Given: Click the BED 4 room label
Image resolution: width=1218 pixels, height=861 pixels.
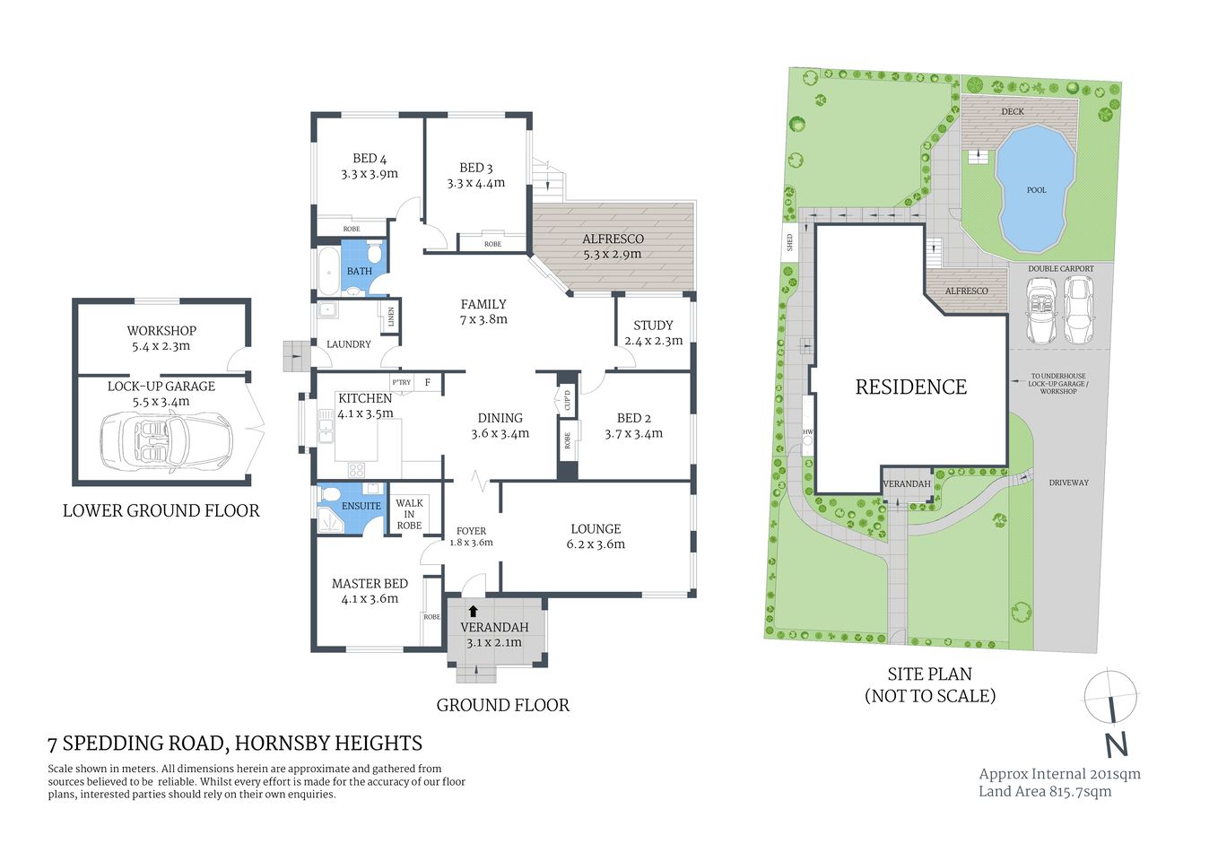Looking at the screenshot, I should (x=370, y=159).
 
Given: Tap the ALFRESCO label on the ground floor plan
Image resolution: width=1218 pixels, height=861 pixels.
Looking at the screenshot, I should (x=613, y=239).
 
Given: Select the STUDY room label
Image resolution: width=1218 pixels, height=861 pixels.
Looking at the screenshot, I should (x=653, y=326).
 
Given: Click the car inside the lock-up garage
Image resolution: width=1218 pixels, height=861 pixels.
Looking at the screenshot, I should (x=166, y=439).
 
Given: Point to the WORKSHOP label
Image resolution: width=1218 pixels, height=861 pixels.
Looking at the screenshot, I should (x=161, y=331).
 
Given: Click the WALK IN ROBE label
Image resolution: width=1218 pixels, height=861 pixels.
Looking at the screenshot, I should (x=409, y=514).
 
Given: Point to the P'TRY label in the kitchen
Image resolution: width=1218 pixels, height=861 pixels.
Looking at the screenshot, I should (x=401, y=383).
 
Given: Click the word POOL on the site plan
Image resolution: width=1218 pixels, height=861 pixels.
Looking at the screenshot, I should (x=1036, y=190).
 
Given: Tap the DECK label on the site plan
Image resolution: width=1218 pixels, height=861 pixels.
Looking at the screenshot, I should (x=1013, y=112).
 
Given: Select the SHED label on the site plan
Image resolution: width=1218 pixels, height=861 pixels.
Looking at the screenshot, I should (x=790, y=242).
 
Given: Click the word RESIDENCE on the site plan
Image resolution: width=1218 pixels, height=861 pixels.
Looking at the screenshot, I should (x=910, y=387).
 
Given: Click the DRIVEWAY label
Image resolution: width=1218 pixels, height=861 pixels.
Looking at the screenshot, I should (x=1068, y=483).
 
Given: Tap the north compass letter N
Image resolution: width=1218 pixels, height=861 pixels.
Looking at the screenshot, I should (x=1116, y=744).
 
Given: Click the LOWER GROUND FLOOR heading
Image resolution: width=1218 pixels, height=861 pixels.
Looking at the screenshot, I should (x=161, y=511).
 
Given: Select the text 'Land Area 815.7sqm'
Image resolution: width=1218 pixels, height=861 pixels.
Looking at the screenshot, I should (x=1045, y=791).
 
